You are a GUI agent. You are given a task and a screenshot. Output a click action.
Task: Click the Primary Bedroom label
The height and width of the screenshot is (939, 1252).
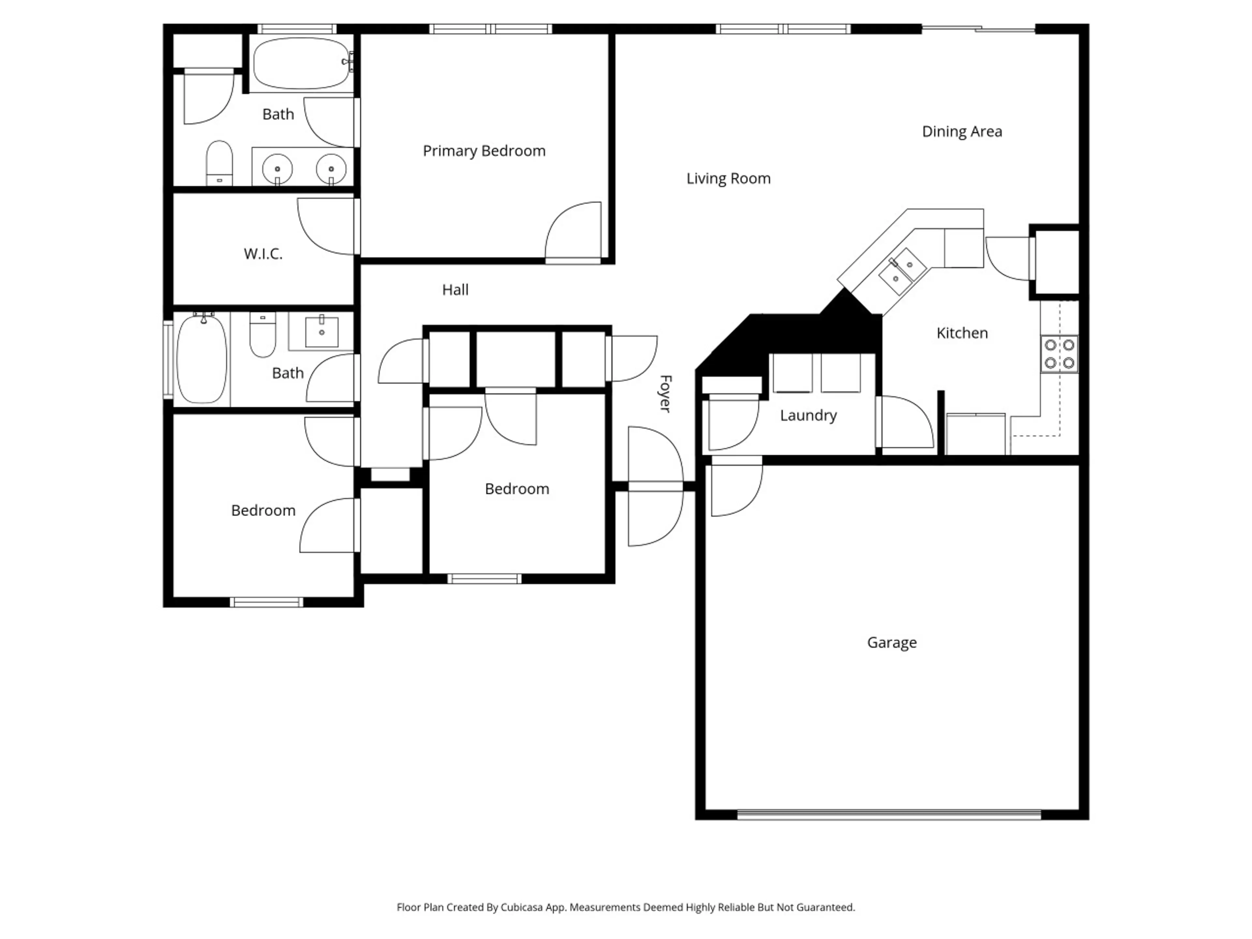484,151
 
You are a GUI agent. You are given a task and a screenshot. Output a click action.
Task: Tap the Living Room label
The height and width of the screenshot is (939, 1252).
728,179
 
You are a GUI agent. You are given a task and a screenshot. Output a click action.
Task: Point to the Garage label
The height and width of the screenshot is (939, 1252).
892,642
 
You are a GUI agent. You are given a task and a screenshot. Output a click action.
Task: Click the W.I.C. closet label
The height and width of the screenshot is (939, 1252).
263,254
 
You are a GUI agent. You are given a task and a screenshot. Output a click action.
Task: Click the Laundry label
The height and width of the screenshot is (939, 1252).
808,415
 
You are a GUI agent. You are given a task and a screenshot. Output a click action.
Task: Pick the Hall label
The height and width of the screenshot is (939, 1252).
455,290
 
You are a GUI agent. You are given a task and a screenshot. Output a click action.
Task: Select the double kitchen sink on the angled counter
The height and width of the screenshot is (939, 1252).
902,271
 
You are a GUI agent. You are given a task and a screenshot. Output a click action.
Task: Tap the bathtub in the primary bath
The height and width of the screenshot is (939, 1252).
301,63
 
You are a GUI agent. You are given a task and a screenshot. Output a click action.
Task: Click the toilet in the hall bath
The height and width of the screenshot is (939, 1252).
262,335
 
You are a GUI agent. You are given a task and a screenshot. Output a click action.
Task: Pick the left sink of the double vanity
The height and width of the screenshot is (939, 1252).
277,169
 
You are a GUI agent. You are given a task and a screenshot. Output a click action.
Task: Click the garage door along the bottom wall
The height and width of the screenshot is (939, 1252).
889,815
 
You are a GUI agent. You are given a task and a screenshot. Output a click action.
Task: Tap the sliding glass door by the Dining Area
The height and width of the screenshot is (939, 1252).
979,28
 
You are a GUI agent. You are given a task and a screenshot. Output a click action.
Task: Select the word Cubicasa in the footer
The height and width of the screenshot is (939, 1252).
522,907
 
